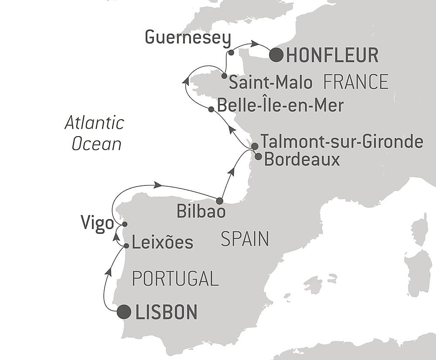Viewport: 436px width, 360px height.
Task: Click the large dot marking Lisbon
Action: click(124, 312)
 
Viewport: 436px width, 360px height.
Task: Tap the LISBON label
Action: click(167, 312)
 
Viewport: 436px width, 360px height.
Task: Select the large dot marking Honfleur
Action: click(276, 55)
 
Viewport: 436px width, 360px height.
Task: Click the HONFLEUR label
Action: click(333, 55)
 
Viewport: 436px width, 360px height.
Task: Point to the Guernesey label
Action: click(187, 38)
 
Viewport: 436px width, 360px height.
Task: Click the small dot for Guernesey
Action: click(231, 53)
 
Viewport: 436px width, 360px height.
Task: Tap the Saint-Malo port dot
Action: click(224, 76)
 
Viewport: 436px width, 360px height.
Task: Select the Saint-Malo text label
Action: click(271, 82)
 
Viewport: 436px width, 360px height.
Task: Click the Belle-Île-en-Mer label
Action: click(280, 106)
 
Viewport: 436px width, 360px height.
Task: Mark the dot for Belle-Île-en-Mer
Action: click(211, 110)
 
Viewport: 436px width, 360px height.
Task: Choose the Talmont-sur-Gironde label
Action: click(342, 142)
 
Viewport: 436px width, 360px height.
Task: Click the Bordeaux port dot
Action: click(258, 156)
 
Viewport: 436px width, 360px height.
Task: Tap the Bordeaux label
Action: click(302, 160)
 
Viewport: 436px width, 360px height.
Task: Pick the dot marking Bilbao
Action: click(219, 201)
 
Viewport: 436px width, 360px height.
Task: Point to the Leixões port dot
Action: click(126, 246)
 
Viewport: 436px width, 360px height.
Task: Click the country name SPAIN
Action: click(245, 240)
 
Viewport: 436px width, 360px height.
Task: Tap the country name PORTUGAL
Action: click(175, 278)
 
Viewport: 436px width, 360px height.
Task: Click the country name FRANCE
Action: click(356, 82)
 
